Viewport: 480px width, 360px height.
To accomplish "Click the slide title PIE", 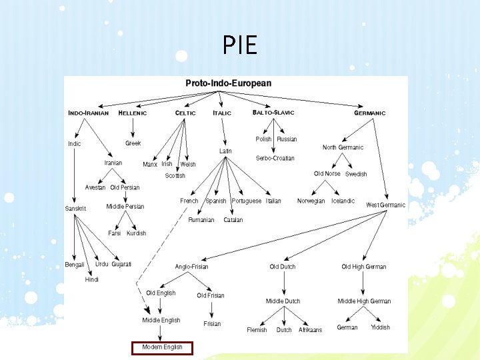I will coord(239,45).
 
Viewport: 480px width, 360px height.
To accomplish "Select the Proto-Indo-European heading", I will coord(228,83).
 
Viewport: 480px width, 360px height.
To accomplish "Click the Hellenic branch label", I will coord(132,113).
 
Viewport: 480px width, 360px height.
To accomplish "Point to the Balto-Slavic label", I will coord(273,113).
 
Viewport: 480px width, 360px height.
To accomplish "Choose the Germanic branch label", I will coord(369,113).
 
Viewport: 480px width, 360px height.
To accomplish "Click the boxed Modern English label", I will coord(162,347).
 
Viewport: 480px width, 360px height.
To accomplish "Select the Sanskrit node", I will coord(75,209).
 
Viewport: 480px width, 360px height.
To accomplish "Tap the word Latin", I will coord(225,151).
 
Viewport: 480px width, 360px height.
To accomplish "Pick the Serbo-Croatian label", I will coord(275,158).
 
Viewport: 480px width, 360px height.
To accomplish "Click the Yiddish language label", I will coord(380,327).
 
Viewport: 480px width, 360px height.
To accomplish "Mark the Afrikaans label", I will coord(310,330).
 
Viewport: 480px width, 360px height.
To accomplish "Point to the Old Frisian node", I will coord(211,295).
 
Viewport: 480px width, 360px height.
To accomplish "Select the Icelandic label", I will coord(343,201).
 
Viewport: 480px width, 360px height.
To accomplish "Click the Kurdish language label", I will coord(136,233).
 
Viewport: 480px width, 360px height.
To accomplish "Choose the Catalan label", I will coord(233,219).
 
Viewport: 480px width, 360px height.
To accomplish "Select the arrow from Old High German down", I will coord(363,283).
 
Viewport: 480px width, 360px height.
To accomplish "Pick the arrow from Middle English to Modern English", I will coord(161,333).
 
